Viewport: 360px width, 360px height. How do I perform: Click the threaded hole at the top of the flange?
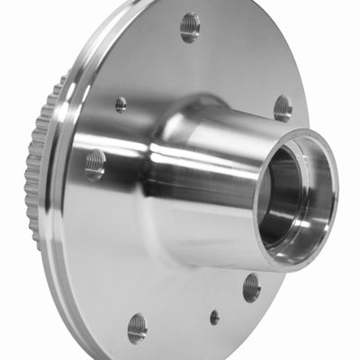tap(189, 27)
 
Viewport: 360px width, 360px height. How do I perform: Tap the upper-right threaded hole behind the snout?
tap(283, 108)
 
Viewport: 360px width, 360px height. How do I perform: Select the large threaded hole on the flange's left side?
tap(94, 164)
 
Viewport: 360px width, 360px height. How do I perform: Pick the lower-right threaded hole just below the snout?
tap(251, 288)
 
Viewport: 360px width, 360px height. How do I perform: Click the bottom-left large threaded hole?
tap(137, 327)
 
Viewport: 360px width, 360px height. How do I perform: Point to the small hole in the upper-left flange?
tap(121, 104)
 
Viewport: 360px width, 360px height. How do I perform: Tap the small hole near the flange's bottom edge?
tap(214, 318)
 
